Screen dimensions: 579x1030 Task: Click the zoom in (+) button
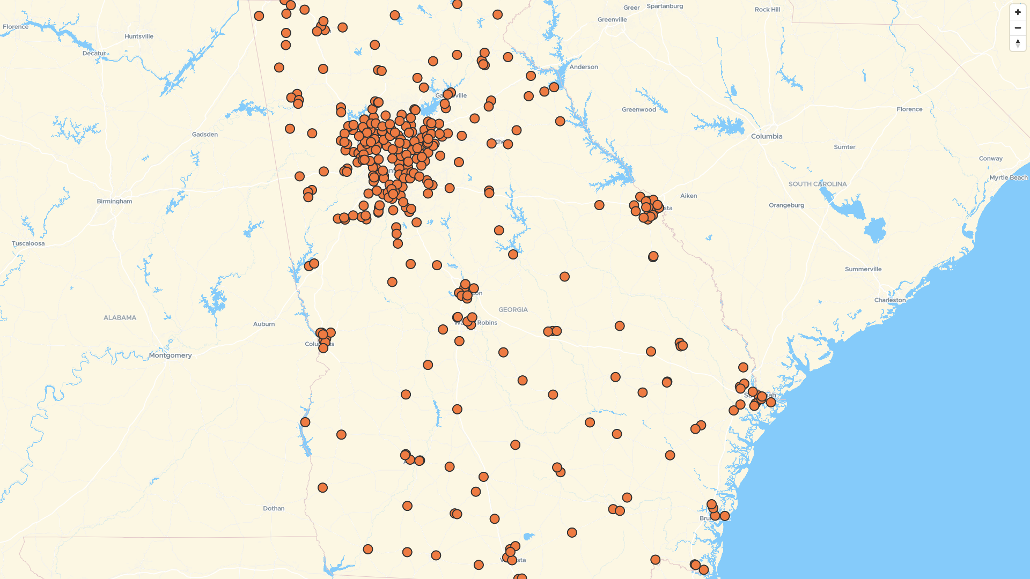[x=1018, y=12]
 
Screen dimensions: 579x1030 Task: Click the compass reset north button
[x=1018, y=43]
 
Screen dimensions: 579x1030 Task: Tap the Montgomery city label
[x=170, y=355]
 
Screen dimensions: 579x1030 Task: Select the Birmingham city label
[x=114, y=202]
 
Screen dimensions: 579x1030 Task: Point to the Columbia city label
[x=767, y=137]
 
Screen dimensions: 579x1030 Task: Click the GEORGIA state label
[x=513, y=310]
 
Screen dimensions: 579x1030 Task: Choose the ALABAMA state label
[x=120, y=318]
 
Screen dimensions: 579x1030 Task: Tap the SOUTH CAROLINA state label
[x=818, y=184]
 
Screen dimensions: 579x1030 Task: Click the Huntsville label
[x=139, y=36]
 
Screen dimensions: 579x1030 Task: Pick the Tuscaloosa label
[x=28, y=243]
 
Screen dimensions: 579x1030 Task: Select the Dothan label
[x=274, y=508]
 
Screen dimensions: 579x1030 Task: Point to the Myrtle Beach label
[x=1009, y=178]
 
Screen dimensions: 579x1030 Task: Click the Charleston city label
[x=890, y=300]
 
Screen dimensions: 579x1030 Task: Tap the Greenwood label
[x=639, y=110]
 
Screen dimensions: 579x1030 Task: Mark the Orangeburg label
[x=786, y=205]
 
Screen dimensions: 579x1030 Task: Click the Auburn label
[x=264, y=324]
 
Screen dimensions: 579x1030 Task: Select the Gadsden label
[x=205, y=135]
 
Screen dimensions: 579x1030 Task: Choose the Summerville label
[x=863, y=269]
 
